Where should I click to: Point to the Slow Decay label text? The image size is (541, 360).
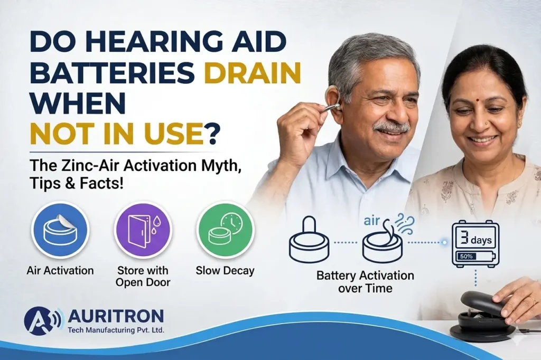(x=225, y=271)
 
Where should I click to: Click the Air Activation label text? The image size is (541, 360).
(x=60, y=271)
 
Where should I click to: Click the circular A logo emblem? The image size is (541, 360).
(x=39, y=320)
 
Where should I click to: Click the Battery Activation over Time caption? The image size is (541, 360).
(x=365, y=281)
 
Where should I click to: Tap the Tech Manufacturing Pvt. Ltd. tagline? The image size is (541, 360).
(x=116, y=330)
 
